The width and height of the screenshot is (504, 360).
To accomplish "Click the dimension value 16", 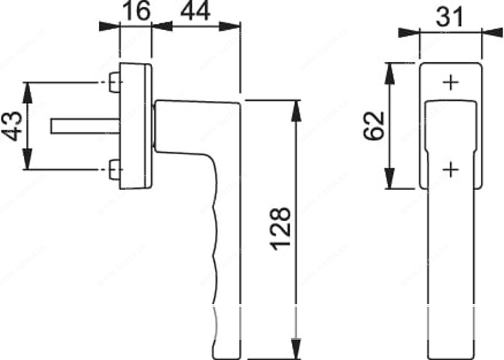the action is tap(136, 10).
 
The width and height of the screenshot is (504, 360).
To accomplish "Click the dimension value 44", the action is tap(195, 10).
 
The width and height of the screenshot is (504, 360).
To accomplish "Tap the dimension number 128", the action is tap(281, 229).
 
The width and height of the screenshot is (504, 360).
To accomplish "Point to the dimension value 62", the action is tap(374, 126).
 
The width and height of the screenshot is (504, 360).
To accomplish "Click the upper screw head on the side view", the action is tap(115, 82).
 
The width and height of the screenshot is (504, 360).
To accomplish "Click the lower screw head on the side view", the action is tap(115, 169).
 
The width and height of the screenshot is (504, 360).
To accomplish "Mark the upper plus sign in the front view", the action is tap(452, 83).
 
